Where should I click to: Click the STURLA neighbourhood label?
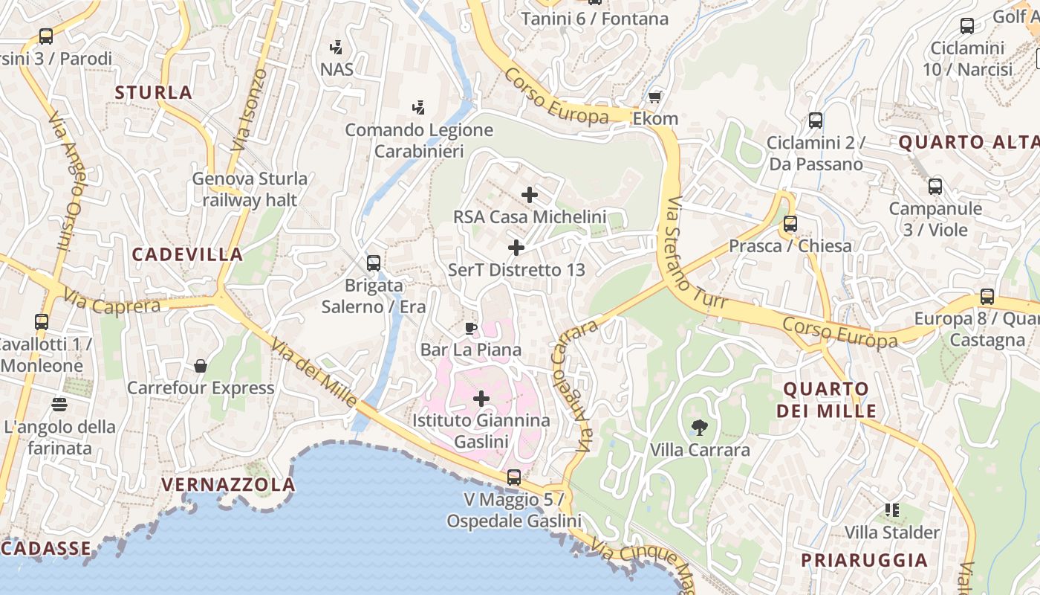[154, 93]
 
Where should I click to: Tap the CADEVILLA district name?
[187, 254]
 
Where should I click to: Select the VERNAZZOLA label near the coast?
[228, 485]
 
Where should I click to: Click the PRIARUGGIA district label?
[864, 560]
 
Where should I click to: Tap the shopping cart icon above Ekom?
[654, 97]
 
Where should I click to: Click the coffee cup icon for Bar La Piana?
[470, 328]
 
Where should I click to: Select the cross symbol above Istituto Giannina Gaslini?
[481, 399]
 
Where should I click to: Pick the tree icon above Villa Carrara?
[699, 428]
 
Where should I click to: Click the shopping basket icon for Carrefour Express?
[200, 366]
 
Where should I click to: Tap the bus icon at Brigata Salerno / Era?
[374, 263]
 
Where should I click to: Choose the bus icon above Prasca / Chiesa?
[790, 223]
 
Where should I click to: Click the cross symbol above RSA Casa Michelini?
[529, 195]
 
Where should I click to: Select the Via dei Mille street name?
[313, 373]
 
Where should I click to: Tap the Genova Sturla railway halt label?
[250, 189]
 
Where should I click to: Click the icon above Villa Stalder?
[892, 510]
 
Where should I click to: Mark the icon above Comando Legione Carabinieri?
[418, 107]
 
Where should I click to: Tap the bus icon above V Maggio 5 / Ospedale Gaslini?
[513, 477]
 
